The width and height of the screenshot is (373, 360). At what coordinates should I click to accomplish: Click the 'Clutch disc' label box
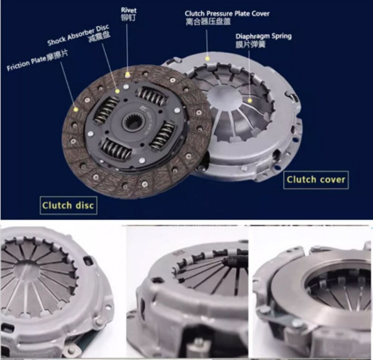pos(68,205)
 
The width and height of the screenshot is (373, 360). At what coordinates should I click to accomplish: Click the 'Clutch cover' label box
pos(316,180)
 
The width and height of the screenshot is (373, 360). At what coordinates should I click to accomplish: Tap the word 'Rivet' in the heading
pos(129,10)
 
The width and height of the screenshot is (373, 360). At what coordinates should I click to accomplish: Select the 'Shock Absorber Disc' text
pos(79,35)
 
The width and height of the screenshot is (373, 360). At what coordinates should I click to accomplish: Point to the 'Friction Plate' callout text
pos(26,64)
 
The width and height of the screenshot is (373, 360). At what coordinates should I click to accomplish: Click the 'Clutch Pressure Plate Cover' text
pos(227,14)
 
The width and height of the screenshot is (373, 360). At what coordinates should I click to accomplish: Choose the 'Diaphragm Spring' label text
pos(263,36)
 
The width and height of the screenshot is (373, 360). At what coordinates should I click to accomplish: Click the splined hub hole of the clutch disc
pos(131,122)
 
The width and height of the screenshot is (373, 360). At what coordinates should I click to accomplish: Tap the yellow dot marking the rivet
pos(128,75)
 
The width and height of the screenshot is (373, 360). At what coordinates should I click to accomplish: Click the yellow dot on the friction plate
pos(76,109)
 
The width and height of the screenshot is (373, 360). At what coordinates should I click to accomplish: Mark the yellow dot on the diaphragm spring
pos(250,100)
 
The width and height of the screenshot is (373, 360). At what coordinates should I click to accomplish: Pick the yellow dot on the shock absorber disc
pos(117,91)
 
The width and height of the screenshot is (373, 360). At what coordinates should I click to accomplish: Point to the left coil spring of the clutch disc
pos(106,110)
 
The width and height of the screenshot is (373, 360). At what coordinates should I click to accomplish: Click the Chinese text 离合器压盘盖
pos(208,22)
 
